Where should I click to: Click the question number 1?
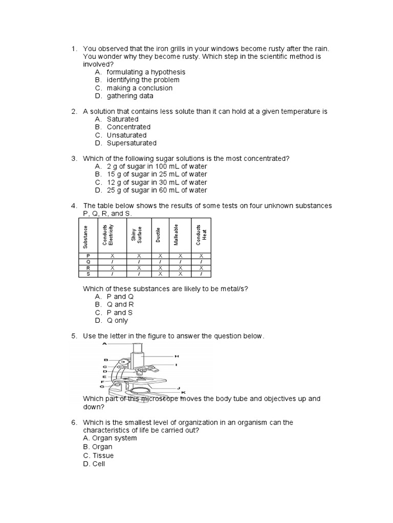(74, 49)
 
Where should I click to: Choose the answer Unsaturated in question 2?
(126, 135)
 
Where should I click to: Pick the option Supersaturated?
(132, 143)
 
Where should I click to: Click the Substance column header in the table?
(85, 236)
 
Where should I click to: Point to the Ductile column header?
(158, 236)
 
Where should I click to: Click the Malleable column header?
(177, 236)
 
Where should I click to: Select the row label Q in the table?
(88, 261)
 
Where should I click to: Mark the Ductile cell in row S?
(160, 273)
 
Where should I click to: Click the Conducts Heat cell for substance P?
(201, 255)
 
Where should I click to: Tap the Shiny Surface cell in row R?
(139, 267)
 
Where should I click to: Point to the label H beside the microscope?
(177, 355)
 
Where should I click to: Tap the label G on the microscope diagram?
(102, 387)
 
